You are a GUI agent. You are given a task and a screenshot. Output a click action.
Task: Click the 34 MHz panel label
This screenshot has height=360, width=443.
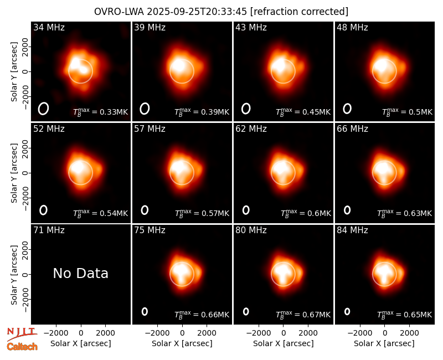point(49,27)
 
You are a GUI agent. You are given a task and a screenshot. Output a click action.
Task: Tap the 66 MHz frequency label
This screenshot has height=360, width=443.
point(352,129)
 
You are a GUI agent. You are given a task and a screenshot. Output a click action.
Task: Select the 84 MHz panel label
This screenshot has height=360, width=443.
point(352,230)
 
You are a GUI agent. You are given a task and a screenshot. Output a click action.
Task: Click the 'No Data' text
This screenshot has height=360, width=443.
point(80,273)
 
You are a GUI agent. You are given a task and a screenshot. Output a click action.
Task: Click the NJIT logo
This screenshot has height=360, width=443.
point(21,334)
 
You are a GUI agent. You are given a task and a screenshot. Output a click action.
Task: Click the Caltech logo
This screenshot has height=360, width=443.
point(22,347)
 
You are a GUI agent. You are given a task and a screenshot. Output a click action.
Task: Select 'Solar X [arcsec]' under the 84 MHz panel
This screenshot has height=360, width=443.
point(384,343)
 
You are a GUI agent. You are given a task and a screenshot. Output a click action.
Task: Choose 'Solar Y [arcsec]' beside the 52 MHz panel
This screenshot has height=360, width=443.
point(14,173)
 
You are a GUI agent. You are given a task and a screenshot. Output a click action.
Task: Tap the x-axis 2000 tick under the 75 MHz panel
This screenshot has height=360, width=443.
point(207,333)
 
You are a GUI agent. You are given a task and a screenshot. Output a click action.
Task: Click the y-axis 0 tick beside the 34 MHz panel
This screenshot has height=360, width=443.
point(26,71)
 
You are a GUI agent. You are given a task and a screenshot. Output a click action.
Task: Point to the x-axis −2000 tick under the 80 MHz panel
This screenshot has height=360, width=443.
point(259,333)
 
